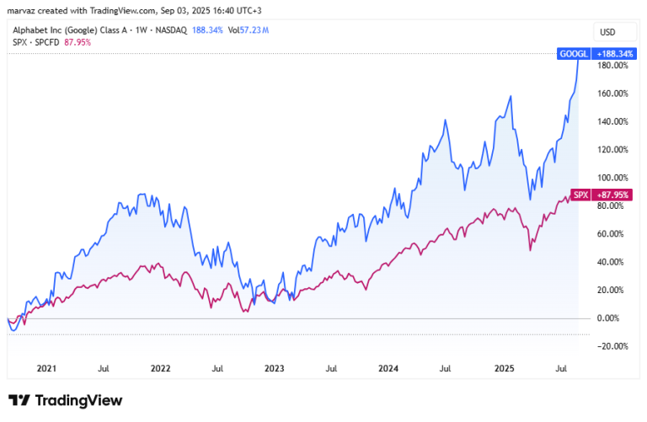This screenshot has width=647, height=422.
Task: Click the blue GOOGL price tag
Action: pos(574,54)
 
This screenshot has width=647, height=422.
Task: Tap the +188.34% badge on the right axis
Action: pos(614,54)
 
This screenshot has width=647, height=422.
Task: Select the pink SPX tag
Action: pos(581,195)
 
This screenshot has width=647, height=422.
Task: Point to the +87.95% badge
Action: pos(612,195)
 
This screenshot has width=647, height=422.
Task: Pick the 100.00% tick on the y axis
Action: pos(612,178)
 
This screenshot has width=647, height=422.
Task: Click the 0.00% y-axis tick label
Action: pos(608,318)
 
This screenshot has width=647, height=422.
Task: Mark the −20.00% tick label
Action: pos(612,346)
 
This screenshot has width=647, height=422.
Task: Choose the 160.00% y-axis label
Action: pos(612,93)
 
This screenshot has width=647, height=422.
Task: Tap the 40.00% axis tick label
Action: pos(610,262)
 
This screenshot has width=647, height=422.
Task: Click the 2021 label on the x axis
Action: pos(46,368)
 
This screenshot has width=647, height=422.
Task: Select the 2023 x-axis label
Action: pos(275,368)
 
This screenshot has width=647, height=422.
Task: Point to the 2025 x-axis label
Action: pos(505,368)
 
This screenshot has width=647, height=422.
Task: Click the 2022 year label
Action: pos(161,368)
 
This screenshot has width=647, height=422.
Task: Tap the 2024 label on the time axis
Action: pos(388,368)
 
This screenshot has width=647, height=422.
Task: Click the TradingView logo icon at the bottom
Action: pos(19,400)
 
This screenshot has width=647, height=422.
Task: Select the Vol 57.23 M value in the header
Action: pos(249,30)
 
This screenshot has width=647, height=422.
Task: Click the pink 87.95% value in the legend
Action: pos(78,42)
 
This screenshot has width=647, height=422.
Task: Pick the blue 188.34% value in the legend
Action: pos(207,30)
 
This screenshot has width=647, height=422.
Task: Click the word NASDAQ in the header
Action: pos(171,30)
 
